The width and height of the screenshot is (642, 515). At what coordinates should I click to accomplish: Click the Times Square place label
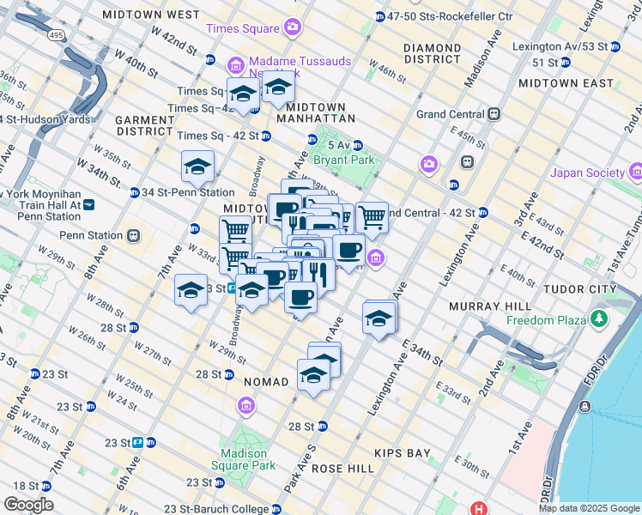tap(244, 27)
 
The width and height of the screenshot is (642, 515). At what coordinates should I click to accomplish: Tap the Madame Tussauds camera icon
tap(235, 65)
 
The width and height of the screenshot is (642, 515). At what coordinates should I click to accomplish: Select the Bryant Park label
tap(345, 160)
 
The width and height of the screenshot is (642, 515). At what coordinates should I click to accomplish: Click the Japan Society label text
tap(588, 173)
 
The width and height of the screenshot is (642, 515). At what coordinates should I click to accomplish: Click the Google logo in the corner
tap(29, 504)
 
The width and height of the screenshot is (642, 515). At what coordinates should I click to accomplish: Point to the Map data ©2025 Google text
tap(588, 508)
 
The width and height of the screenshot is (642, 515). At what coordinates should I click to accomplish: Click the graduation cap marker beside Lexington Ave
tap(379, 318)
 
